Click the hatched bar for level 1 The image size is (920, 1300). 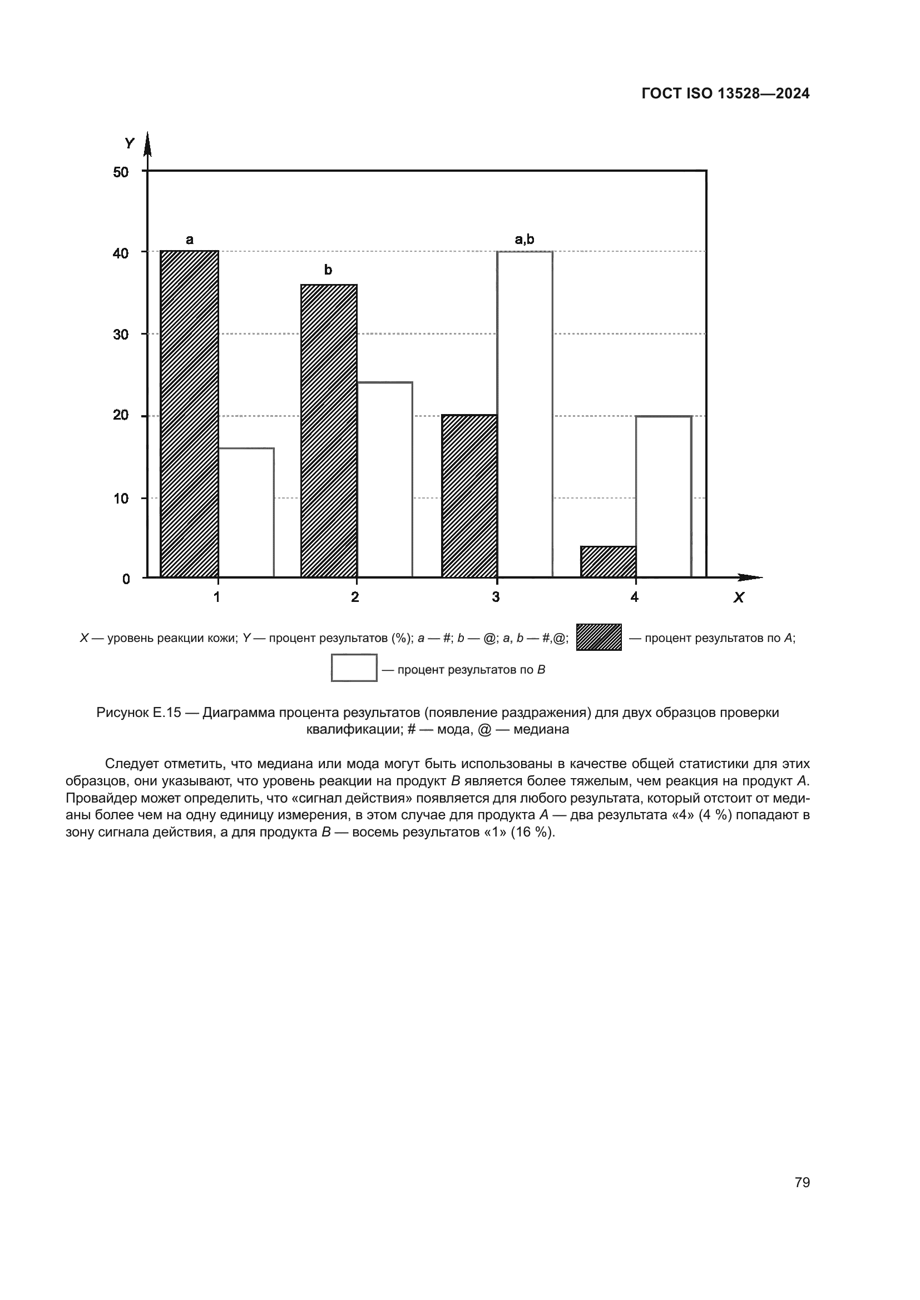[189, 414]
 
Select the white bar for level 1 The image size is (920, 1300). [246, 512]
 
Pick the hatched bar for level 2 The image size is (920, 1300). [329, 431]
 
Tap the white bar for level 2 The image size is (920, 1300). [385, 480]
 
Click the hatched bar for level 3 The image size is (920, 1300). [469, 496]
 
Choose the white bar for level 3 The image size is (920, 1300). [525, 415]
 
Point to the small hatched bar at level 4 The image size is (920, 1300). [608, 562]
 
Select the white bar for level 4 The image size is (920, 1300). [664, 496]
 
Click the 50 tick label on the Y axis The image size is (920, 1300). [121, 172]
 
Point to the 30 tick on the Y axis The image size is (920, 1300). [121, 335]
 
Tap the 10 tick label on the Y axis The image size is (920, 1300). [121, 499]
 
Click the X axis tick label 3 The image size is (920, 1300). [496, 597]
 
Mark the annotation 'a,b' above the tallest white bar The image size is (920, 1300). [524, 239]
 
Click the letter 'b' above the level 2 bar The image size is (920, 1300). [328, 270]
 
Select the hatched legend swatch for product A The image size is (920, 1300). [599, 637]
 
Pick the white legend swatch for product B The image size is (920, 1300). [354, 668]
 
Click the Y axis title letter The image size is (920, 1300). [129, 144]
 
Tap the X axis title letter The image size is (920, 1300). [738, 597]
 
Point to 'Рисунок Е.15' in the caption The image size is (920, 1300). [139, 713]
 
